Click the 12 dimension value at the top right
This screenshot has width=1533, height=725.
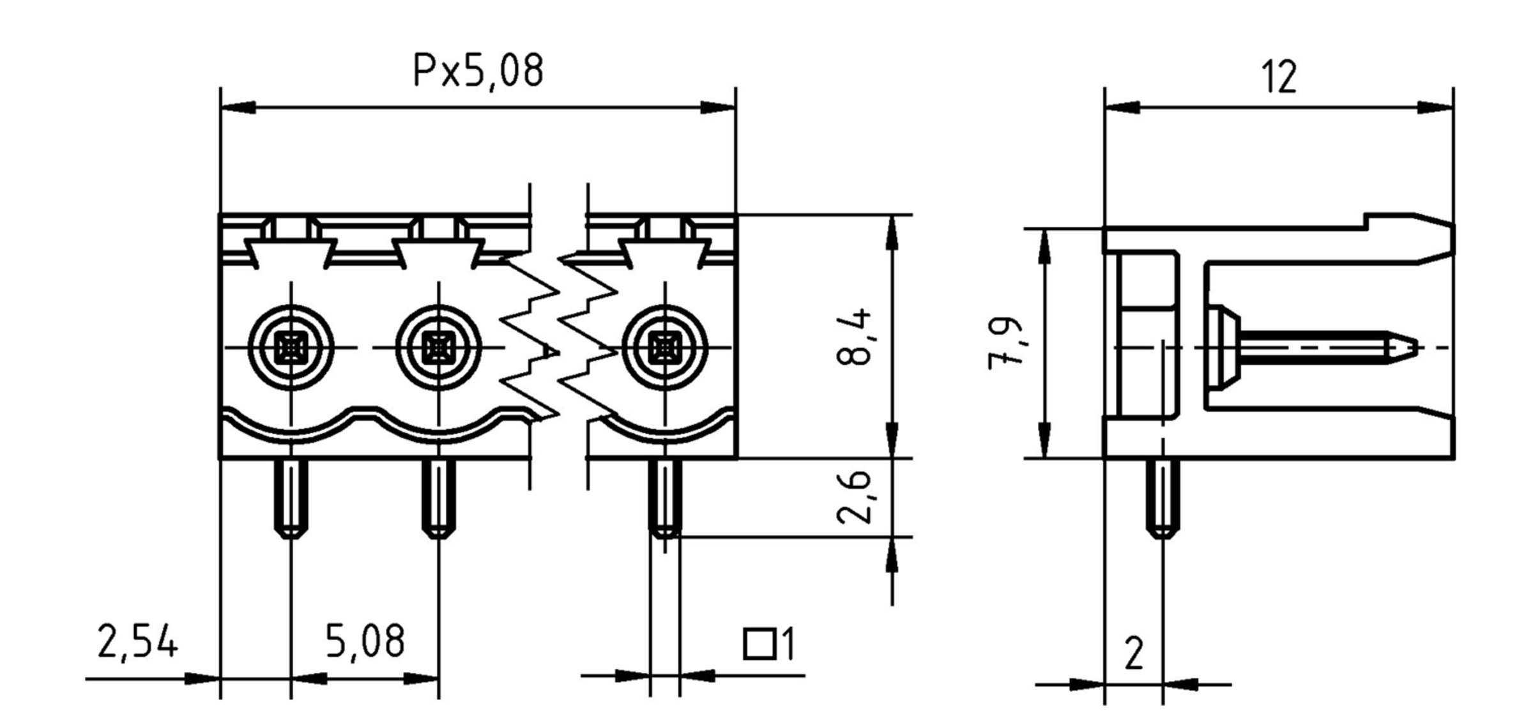pos(1279,78)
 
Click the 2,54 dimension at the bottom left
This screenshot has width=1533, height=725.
pos(137,641)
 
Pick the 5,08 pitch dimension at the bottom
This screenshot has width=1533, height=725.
pos(365,641)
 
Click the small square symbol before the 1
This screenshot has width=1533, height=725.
pos(759,644)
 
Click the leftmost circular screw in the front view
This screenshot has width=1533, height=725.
pos(291,347)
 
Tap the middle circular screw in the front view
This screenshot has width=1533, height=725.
pos(438,347)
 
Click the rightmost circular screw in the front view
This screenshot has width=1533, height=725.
pos(665,347)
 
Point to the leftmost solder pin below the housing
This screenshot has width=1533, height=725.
pos(291,498)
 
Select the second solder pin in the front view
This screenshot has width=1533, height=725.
pos(438,498)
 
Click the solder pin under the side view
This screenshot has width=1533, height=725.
pos(1163,498)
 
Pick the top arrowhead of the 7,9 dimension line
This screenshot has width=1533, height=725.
pos(1044,246)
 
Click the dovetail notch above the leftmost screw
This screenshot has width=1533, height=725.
pos(291,252)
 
